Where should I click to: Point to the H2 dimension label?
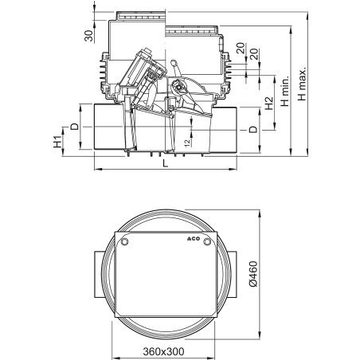[x=268, y=102]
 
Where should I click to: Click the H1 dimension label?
[x=57, y=143]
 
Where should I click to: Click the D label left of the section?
[x=74, y=126]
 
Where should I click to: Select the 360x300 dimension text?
[x=165, y=350]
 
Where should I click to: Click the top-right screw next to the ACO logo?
[x=206, y=241]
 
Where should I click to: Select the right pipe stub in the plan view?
[x=231, y=272]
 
